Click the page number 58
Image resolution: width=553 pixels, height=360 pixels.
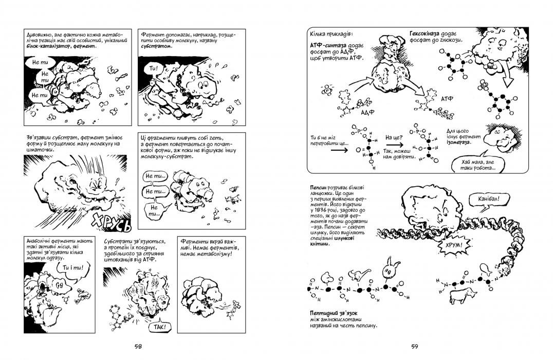point(138,346)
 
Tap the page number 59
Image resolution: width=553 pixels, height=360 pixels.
point(414,346)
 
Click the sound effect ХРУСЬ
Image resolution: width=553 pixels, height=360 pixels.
point(112,222)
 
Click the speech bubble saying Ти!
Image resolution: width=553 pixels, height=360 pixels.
point(153,68)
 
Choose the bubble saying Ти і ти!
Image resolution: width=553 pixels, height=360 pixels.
point(72,268)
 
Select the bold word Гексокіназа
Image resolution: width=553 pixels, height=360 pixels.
point(428,33)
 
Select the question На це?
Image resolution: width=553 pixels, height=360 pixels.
point(393,138)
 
